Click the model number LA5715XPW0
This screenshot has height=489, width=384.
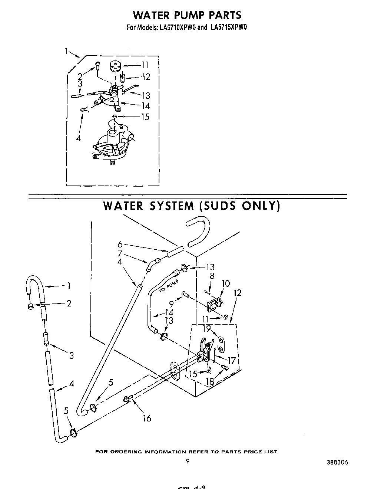click(226, 27)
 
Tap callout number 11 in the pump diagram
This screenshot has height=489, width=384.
click(145, 65)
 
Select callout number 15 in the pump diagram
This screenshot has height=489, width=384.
click(145, 117)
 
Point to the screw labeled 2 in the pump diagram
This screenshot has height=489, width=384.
click(97, 65)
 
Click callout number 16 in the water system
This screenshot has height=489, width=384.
click(147, 418)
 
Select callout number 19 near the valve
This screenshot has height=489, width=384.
click(206, 328)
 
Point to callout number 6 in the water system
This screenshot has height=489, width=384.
click(120, 244)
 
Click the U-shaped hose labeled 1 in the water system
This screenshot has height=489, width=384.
click(35, 284)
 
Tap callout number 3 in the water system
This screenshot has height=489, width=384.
click(71, 356)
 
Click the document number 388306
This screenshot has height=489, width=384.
click(337, 462)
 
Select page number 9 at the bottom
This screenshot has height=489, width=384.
click(188, 462)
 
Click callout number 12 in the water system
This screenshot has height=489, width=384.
click(237, 293)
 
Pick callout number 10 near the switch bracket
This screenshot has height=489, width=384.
click(226, 284)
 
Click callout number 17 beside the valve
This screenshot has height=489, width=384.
click(232, 360)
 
